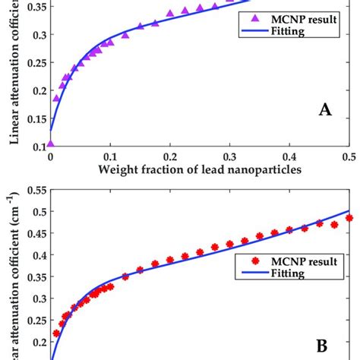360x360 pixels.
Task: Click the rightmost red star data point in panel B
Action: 349,218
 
